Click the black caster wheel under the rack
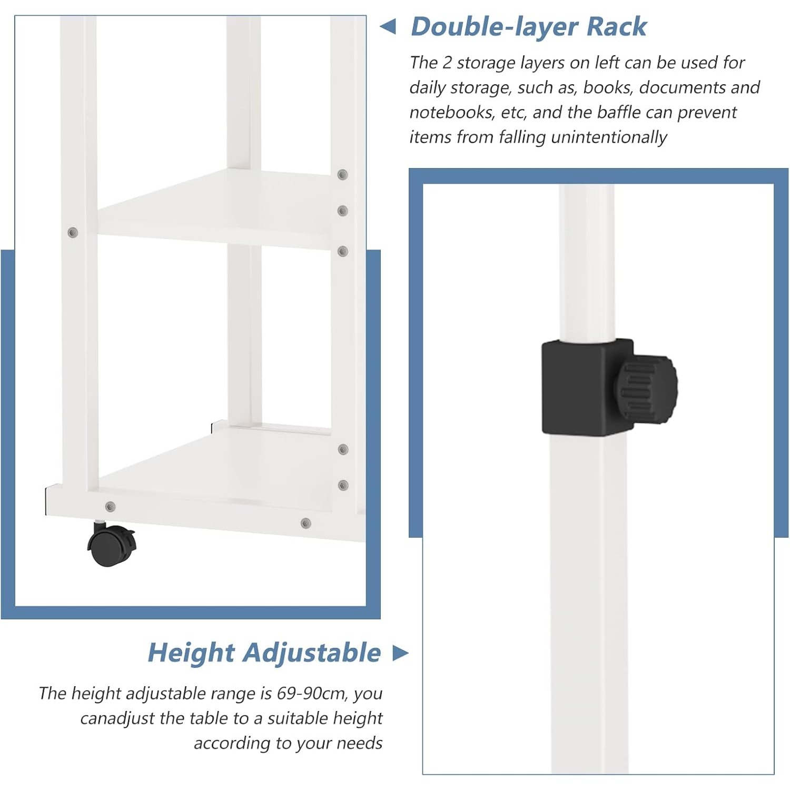coord(111,546)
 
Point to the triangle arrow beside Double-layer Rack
coord(388,26)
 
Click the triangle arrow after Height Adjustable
coord(400,653)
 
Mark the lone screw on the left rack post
coord(73,232)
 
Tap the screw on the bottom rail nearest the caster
coord(110,507)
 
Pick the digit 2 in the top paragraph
coord(447,63)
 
